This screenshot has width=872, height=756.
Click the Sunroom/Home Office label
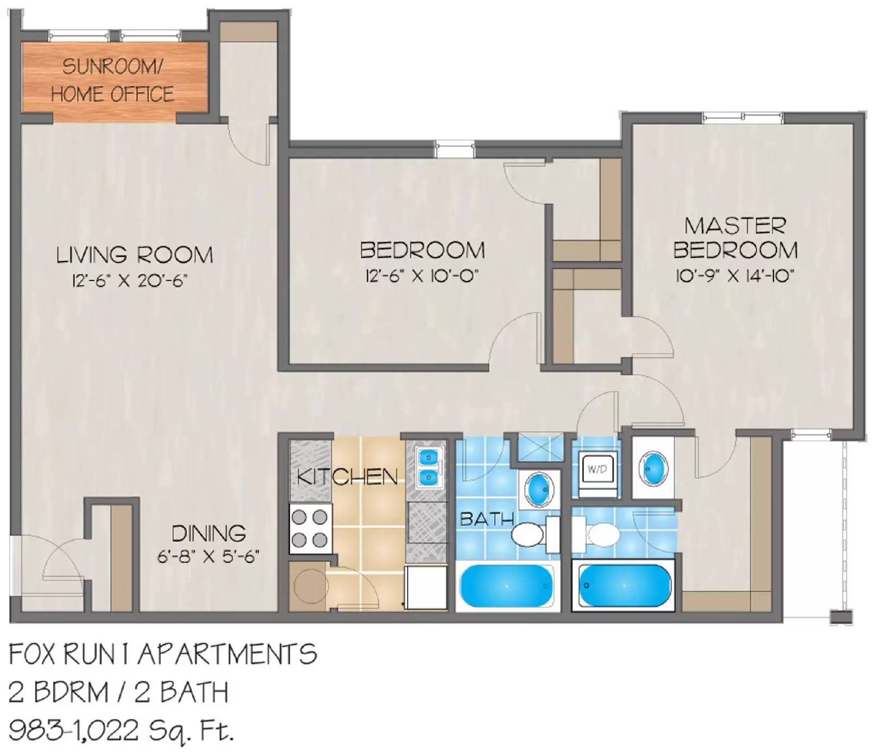tap(113, 81)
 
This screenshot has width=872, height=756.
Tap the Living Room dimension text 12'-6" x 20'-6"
tap(130, 281)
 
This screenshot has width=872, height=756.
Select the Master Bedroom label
tap(735, 238)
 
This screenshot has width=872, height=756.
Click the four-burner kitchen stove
tap(310, 528)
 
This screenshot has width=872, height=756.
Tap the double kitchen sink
tap(429, 467)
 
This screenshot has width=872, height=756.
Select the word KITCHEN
tap(347, 477)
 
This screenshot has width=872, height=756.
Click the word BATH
tap(486, 519)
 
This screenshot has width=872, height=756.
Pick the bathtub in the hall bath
tap(506, 586)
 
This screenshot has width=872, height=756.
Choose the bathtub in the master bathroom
tap(624, 586)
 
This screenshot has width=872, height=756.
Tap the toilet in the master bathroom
tap(598, 534)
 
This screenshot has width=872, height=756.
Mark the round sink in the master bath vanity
tap(653, 468)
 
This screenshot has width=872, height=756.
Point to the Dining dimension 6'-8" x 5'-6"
tap(208, 557)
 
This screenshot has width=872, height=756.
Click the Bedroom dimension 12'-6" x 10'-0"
tap(422, 276)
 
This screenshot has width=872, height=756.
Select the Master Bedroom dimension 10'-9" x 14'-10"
tap(735, 276)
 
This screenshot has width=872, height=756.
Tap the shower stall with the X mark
tap(541, 447)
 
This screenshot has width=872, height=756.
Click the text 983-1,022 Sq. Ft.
tap(121, 731)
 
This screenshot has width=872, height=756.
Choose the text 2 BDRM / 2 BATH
tap(118, 693)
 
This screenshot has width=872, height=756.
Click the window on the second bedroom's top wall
tap(455, 149)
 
